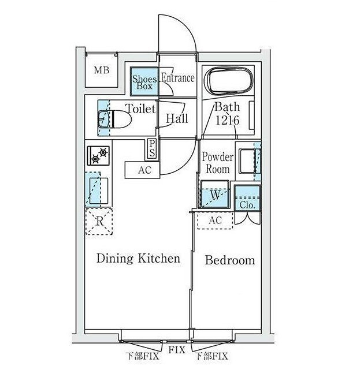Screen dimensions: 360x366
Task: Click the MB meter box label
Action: click(x=102, y=70)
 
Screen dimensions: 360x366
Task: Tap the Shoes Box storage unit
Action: click(x=144, y=81)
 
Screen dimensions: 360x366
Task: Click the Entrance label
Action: click(x=178, y=78)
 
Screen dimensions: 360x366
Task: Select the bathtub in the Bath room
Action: click(x=228, y=81)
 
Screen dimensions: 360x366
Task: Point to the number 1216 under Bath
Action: click(x=227, y=121)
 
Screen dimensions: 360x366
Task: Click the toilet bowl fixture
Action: click(x=114, y=119)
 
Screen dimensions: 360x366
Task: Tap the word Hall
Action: click(x=177, y=118)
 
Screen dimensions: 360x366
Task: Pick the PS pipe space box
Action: click(x=152, y=149)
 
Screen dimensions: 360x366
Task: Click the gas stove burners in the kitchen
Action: click(x=98, y=156)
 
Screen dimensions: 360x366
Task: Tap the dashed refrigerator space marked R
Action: click(x=99, y=221)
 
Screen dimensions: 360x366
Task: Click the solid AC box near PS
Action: click(x=143, y=170)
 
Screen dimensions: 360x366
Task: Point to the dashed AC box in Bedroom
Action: click(x=215, y=221)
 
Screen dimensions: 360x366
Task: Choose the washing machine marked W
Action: click(x=215, y=194)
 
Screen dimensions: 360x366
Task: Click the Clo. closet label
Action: click(x=247, y=205)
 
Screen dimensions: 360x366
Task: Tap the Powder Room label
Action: click(x=218, y=163)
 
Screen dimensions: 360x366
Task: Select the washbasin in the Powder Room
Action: click(x=247, y=161)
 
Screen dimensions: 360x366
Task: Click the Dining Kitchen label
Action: click(x=138, y=259)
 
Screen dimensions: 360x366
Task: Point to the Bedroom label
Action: click(x=230, y=260)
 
